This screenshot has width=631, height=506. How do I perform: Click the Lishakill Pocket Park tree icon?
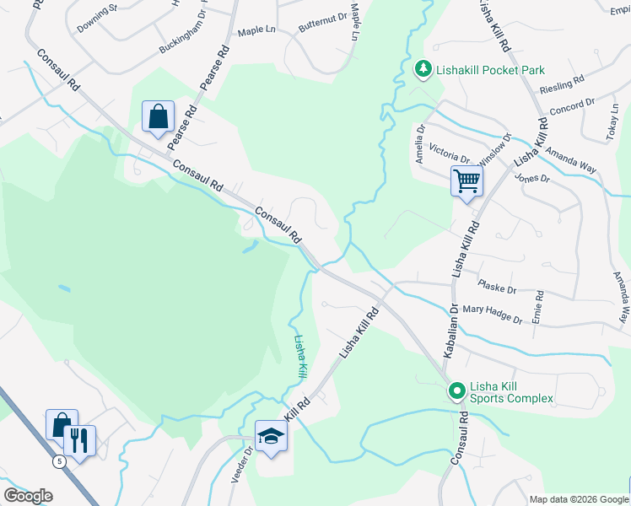[423, 69]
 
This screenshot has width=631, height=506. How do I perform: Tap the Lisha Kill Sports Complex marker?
[456, 391]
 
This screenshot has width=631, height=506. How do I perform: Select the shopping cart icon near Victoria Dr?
[467, 180]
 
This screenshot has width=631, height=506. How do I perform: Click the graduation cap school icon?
[271, 436]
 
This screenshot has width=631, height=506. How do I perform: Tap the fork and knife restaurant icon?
[79, 440]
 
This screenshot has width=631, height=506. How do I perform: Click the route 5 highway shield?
[59, 461]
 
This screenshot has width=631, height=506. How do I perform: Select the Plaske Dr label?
[496, 287]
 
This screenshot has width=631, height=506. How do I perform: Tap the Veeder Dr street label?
[241, 465]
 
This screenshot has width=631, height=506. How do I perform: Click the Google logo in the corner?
[29, 496]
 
